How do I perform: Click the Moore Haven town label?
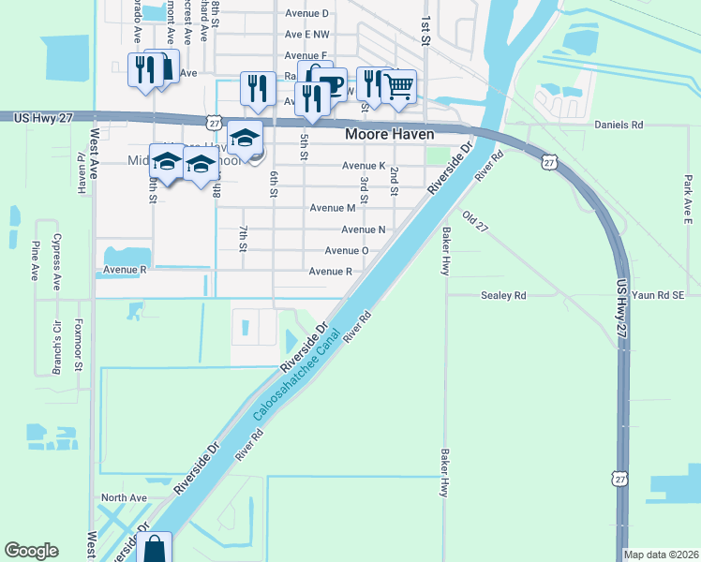[x=391, y=135]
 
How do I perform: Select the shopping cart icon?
[x=399, y=86]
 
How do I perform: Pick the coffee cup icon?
[x=330, y=85]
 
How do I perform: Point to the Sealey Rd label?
[x=503, y=295]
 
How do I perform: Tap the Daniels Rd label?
[x=619, y=124]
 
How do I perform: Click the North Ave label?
[x=125, y=497]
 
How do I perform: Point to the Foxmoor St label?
[x=81, y=347]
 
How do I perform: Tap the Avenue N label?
[x=364, y=229]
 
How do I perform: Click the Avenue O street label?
[x=346, y=251]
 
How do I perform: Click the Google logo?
[x=32, y=551]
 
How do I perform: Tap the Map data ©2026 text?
[x=661, y=555]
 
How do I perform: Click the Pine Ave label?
[x=35, y=259]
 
